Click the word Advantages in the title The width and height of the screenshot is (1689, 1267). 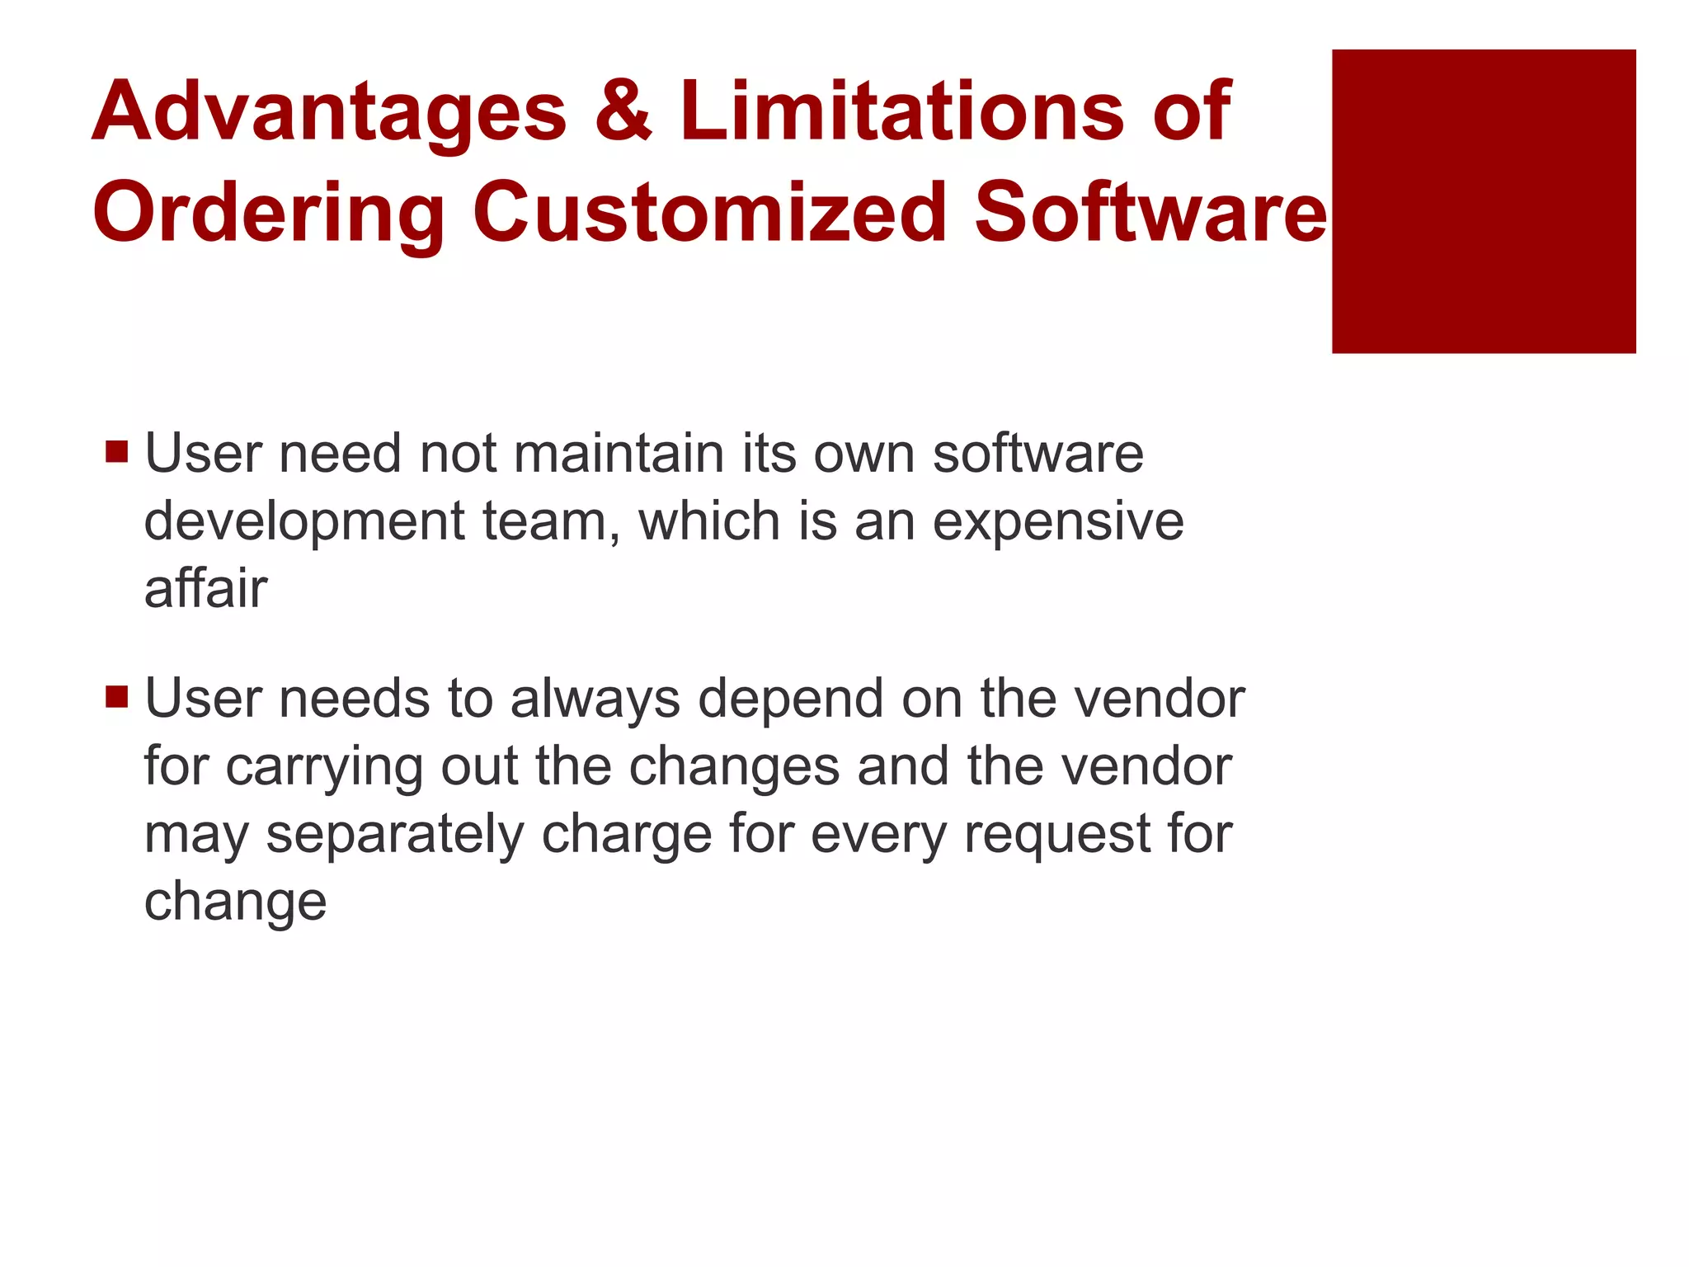tap(329, 112)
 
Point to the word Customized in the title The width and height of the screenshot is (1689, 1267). tap(710, 212)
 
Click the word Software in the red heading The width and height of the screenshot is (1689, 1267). tap(1150, 212)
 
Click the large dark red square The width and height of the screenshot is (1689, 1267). tap(1483, 201)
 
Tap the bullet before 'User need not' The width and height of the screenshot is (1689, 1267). tap(117, 452)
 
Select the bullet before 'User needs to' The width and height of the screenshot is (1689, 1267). tap(117, 697)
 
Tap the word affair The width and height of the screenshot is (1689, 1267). tap(205, 589)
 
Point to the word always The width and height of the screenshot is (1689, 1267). tap(595, 700)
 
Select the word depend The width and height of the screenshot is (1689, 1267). tap(790, 700)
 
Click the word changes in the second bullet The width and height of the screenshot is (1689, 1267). tap(734, 768)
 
